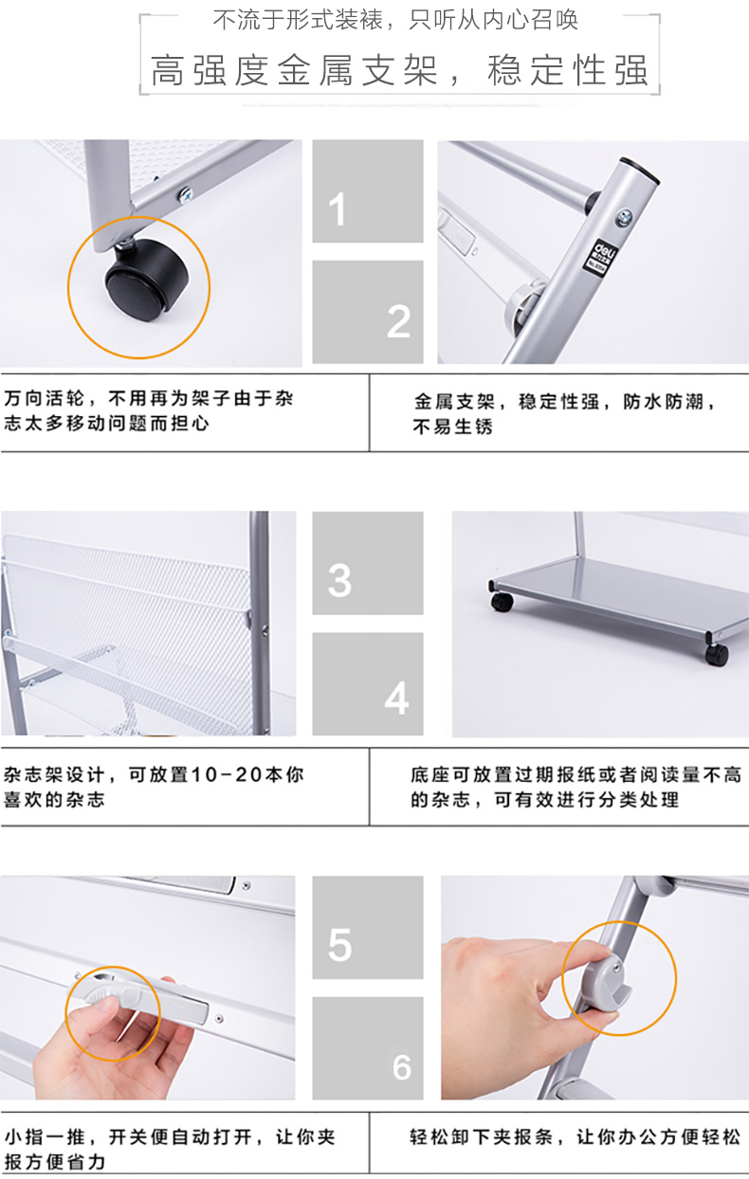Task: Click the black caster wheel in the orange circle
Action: point(147,280)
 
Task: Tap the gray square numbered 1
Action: point(368,191)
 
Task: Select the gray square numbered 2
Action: point(368,312)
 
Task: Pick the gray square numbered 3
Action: point(368,563)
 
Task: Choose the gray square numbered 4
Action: point(368,683)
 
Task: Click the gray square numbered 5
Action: point(368,927)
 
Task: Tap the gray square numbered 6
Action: point(368,1048)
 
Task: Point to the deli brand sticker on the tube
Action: point(599,256)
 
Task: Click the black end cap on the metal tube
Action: point(640,170)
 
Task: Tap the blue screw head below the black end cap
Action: point(625,217)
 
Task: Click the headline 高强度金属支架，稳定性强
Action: point(399,70)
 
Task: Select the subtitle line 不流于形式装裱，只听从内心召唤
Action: point(395,20)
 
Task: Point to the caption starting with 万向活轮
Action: point(148,411)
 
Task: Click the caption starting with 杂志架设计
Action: point(154,788)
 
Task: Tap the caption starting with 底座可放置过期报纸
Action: point(575,788)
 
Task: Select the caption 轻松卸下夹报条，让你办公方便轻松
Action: point(575,1137)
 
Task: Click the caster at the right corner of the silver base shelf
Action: point(717,654)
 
